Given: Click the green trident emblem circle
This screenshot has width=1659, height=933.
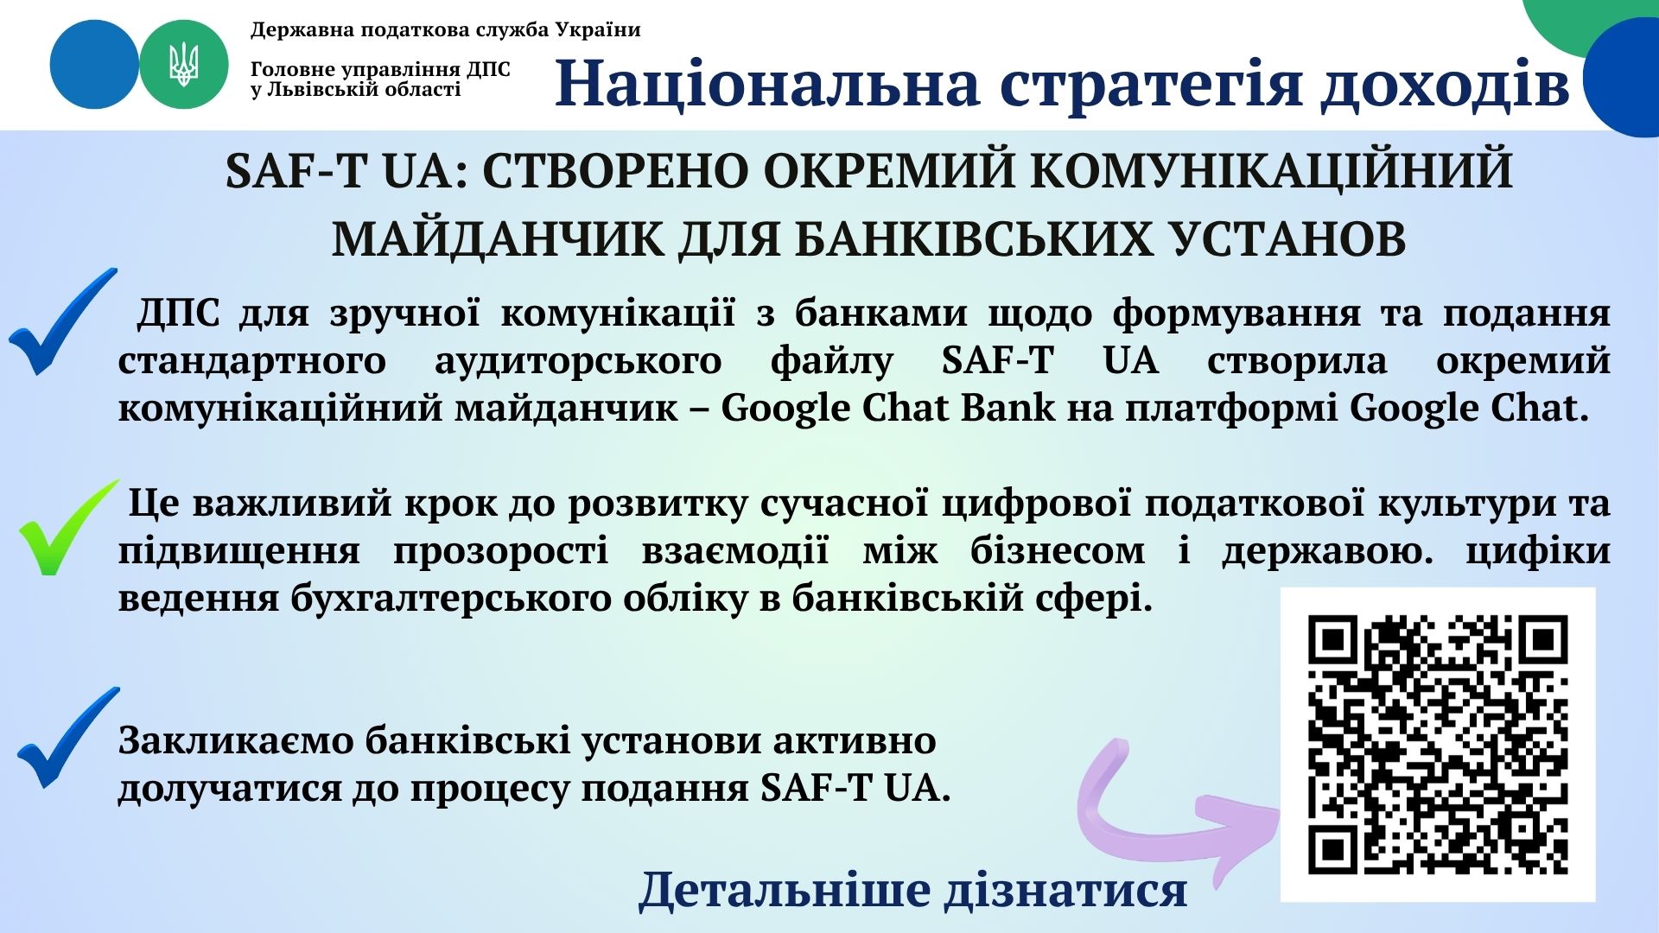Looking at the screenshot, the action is tap(183, 65).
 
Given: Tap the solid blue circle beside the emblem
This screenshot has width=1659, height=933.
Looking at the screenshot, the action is tap(94, 65).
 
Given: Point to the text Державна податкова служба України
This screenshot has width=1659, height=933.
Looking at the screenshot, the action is tap(446, 30).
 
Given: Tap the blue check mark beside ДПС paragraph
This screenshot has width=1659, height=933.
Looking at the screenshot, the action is tap(62, 321).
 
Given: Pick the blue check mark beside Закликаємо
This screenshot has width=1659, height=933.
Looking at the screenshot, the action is tap(67, 737).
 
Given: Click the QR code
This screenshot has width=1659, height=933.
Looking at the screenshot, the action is tap(1438, 745).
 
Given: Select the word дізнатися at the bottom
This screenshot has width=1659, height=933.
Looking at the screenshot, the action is tap(1066, 890).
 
